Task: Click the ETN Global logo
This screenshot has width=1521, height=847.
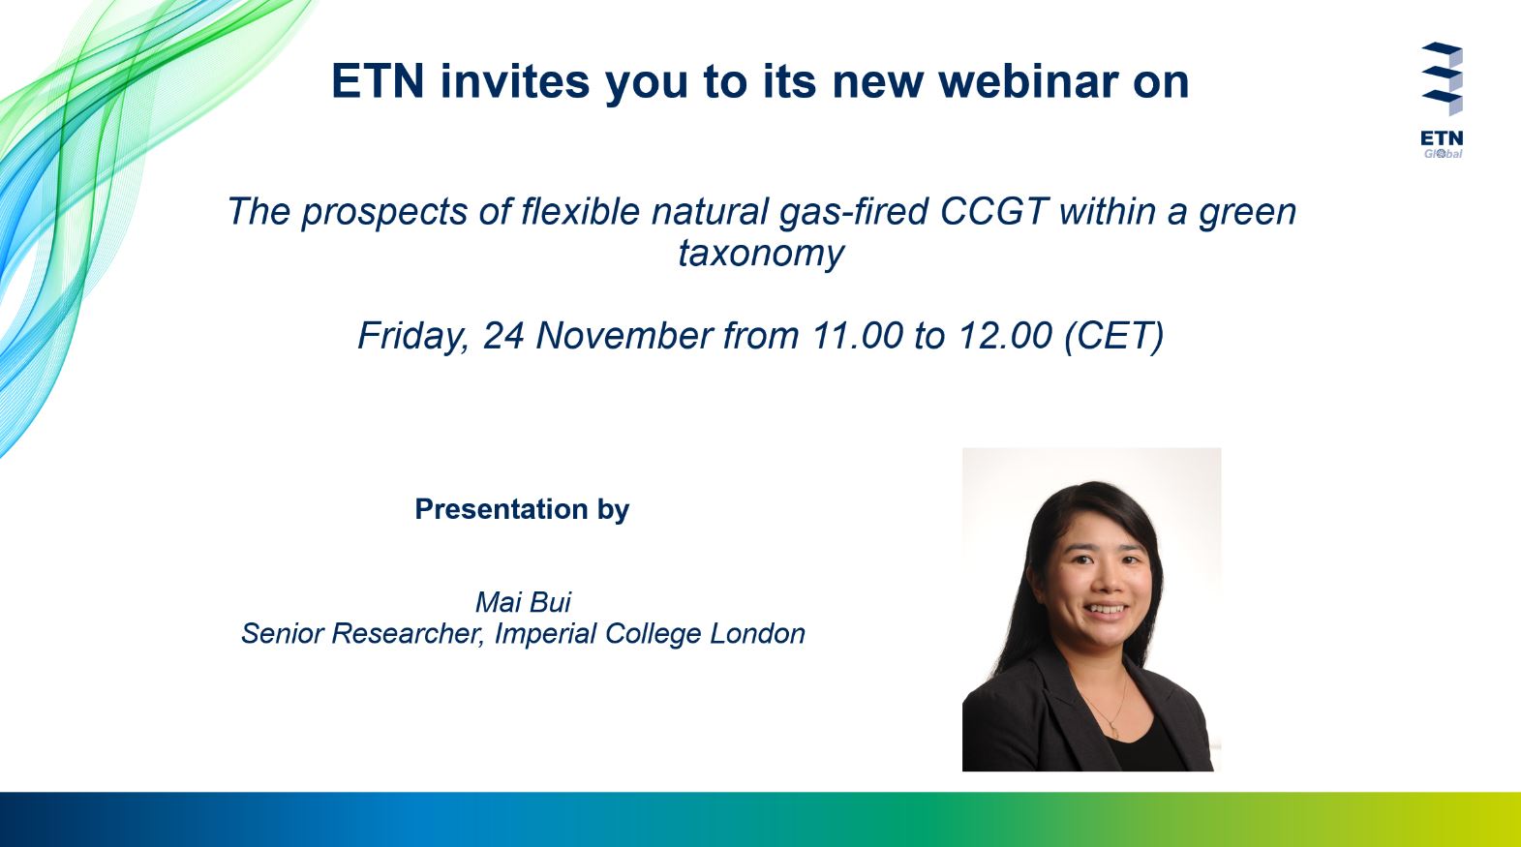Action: click(1442, 101)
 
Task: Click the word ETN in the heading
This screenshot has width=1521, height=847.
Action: click(378, 81)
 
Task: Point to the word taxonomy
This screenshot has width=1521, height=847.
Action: click(761, 254)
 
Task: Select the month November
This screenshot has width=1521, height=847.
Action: click(624, 335)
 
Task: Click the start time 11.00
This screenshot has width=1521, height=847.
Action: click(857, 335)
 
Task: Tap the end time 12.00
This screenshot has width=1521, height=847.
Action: click(1005, 335)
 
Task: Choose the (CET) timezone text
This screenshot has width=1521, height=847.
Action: click(1114, 336)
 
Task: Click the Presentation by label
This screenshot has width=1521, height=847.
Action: click(522, 509)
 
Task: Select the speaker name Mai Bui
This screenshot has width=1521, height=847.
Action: click(523, 602)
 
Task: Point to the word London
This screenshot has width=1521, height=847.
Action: click(757, 633)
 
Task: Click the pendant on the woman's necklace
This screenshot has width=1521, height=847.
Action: click(1113, 732)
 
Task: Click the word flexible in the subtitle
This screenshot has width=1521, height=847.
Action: click(580, 211)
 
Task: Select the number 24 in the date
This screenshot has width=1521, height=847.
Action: click(503, 335)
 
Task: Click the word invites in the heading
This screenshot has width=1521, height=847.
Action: click(514, 81)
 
